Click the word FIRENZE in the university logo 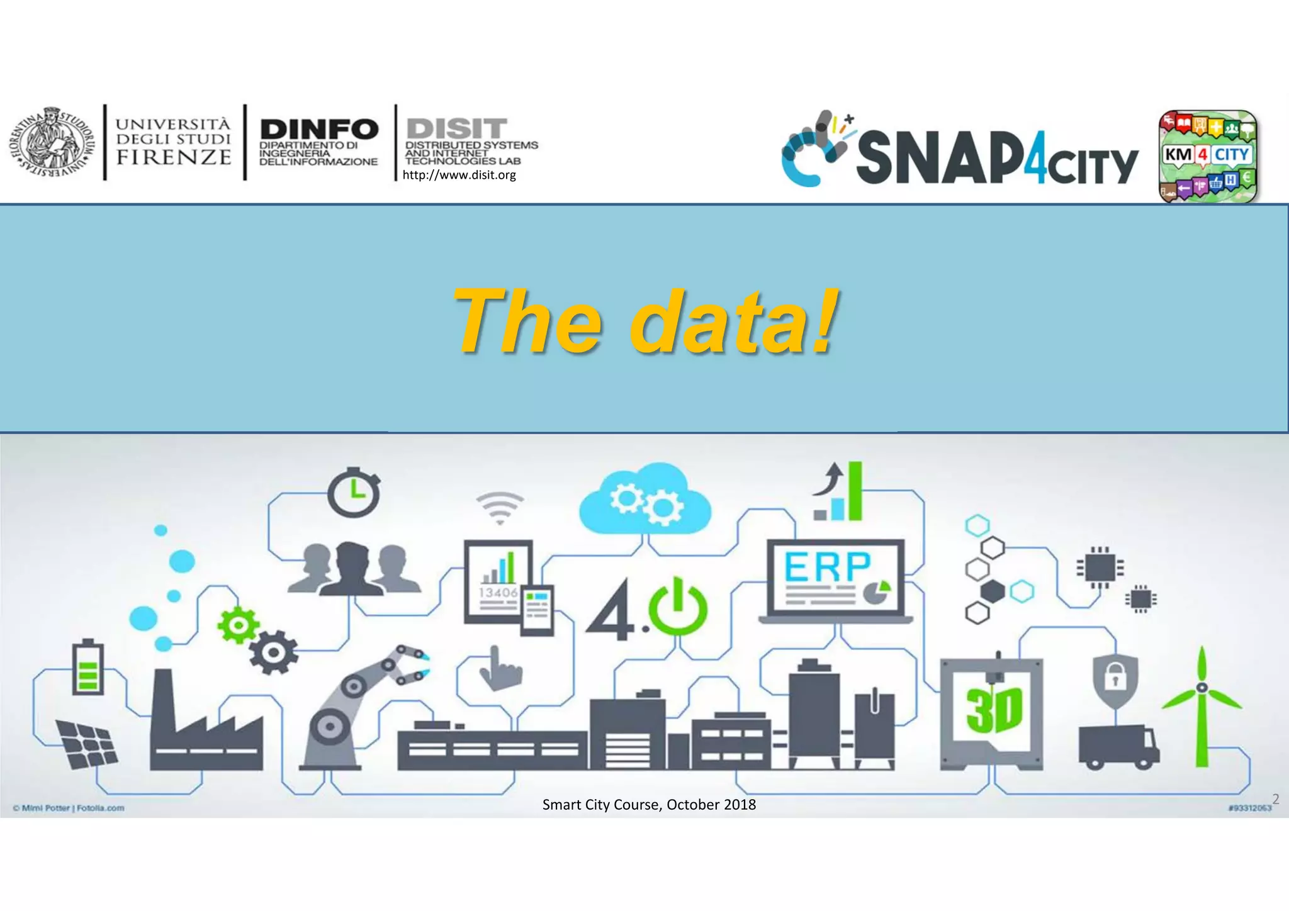coord(174,157)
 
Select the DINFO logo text coord(319,130)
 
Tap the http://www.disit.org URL coord(459,176)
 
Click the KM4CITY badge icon coord(1207,156)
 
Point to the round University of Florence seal coord(52,143)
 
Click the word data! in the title coord(734,320)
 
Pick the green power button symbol coord(678,606)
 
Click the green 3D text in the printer coord(994,711)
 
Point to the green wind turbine coord(1202,705)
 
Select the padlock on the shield coord(1115,676)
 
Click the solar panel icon coord(86,744)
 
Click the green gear coord(238,625)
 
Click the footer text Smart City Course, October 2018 coord(649,805)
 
